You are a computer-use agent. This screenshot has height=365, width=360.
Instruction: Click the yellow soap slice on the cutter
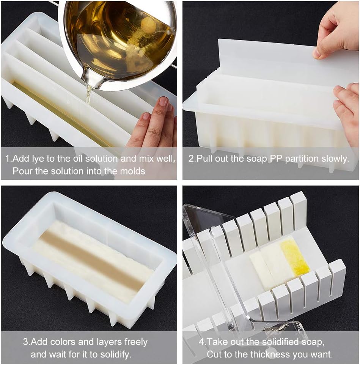tap(294, 256)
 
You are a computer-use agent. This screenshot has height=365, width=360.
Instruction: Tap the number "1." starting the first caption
tap(8, 159)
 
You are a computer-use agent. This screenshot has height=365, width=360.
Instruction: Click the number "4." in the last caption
tap(203, 342)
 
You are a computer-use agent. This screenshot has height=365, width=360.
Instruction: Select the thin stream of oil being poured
tap(88, 95)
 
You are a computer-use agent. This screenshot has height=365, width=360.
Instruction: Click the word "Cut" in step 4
tap(214, 354)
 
